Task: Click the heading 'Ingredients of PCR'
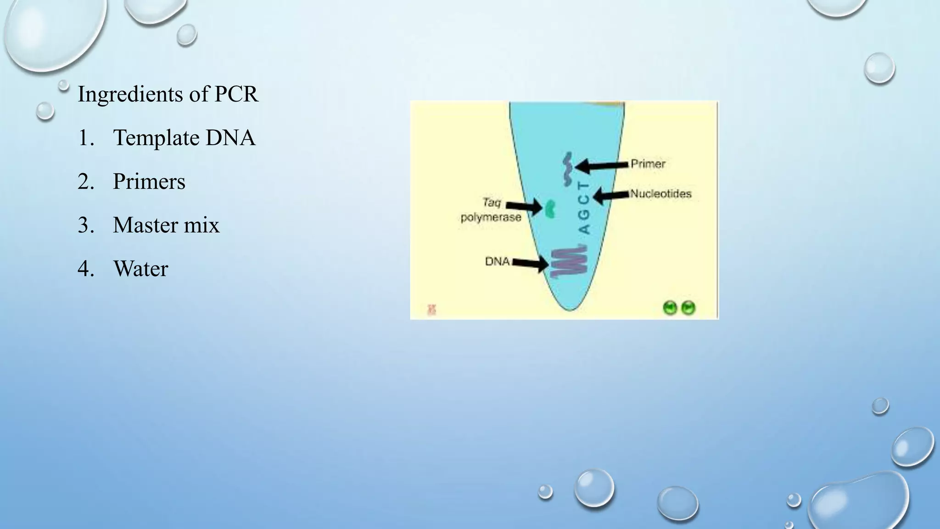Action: pyautogui.click(x=168, y=94)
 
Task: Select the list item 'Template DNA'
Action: pyautogui.click(x=184, y=138)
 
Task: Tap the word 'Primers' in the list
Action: pyautogui.click(x=149, y=181)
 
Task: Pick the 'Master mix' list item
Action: pyautogui.click(x=166, y=225)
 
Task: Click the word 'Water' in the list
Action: pyautogui.click(x=140, y=269)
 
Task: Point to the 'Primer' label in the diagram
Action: pyautogui.click(x=648, y=164)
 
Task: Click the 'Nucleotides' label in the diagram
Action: pyautogui.click(x=660, y=194)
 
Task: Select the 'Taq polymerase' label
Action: pyautogui.click(x=491, y=210)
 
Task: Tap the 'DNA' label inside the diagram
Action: pyautogui.click(x=498, y=261)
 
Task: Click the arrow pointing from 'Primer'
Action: pyautogui.click(x=601, y=165)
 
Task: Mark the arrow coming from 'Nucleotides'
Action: pyautogui.click(x=611, y=196)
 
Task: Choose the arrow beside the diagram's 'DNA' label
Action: pyautogui.click(x=530, y=264)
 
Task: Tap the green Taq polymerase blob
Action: pyautogui.click(x=549, y=208)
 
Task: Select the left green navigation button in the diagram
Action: pyautogui.click(x=671, y=308)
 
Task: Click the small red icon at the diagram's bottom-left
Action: pyautogui.click(x=431, y=310)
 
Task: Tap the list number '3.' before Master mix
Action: pyautogui.click(x=86, y=225)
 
